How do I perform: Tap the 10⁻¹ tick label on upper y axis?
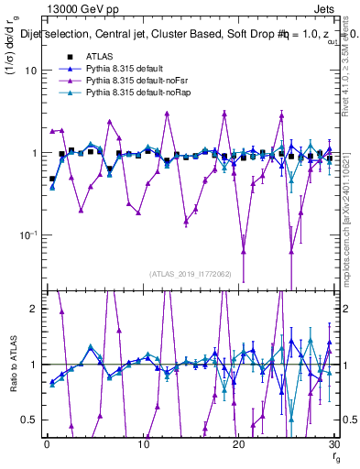[29, 234]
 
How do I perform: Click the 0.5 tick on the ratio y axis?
[31, 420]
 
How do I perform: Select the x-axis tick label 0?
[46, 443]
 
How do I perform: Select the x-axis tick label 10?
[142, 443]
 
